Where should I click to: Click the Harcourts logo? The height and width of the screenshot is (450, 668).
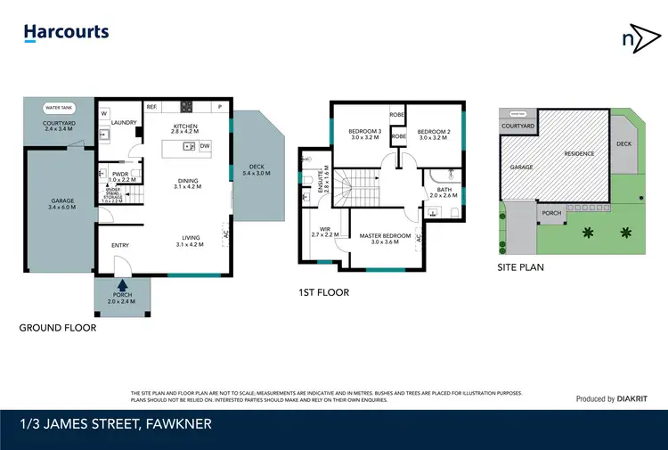[x=66, y=33]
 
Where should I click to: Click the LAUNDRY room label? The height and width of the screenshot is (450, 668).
[x=124, y=123]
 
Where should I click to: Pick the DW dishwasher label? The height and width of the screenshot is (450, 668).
[x=205, y=145]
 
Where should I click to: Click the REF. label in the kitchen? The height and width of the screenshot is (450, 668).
[x=151, y=107]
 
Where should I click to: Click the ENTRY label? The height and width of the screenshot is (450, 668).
[x=120, y=246]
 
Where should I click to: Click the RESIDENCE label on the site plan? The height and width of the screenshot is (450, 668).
[x=578, y=154]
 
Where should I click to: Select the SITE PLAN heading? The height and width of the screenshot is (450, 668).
[x=521, y=266]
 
